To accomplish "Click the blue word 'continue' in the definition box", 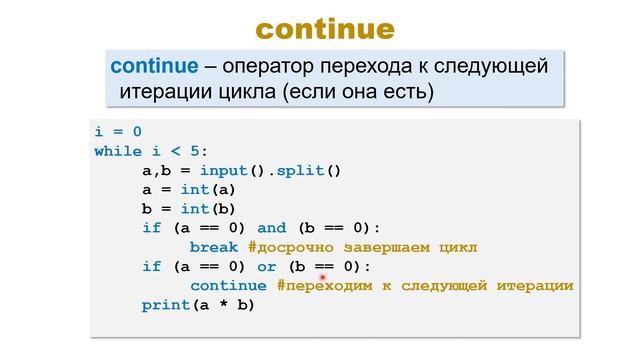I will coord(152,68).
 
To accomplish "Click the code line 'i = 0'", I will coord(118,132).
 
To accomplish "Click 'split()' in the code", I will coord(309,170).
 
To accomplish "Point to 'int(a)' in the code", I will coord(208,189).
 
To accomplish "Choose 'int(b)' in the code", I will coord(208,209).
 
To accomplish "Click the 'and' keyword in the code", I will coord(271,228).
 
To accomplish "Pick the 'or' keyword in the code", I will coord(266,266).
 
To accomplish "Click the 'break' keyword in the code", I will coord(213,247).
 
